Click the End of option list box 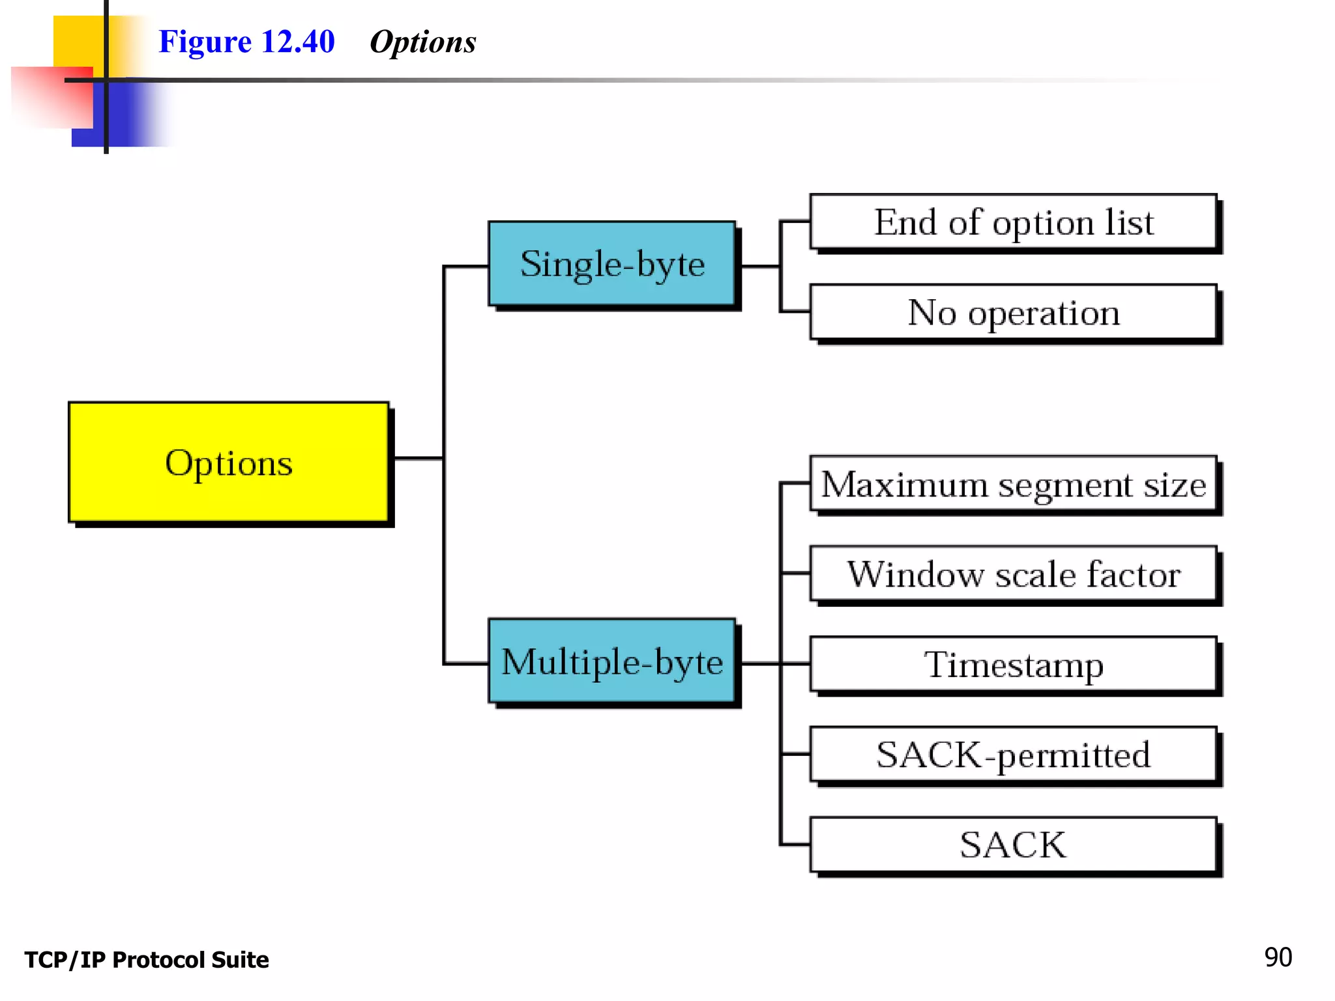pyautogui.click(x=1013, y=222)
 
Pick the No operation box pyautogui.click(x=1013, y=312)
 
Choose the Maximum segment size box pyautogui.click(x=1013, y=484)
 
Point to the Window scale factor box pyautogui.click(x=1013, y=574)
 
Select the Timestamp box pyautogui.click(x=1013, y=664)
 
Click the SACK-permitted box pyautogui.click(x=1013, y=754)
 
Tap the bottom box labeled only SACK pyautogui.click(x=1013, y=845)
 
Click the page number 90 pyautogui.click(x=1278, y=957)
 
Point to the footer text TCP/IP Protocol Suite pyautogui.click(x=147, y=960)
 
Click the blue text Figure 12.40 pyautogui.click(x=246, y=42)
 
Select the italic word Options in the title pyautogui.click(x=422, y=42)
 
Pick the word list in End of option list pyautogui.click(x=1129, y=222)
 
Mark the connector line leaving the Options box pyautogui.click(x=418, y=459)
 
